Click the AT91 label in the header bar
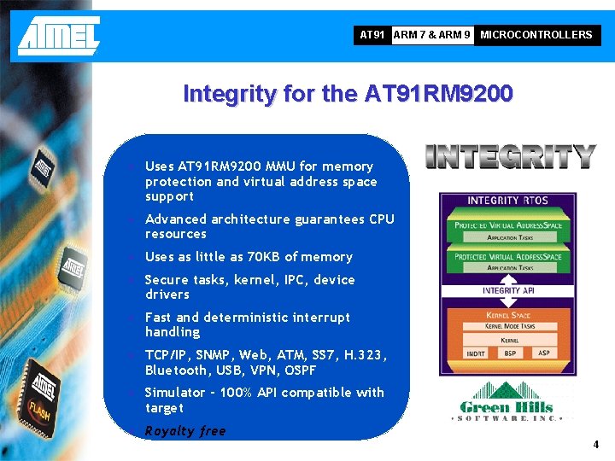pyautogui.click(x=372, y=35)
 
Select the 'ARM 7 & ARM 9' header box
pyautogui.click(x=431, y=35)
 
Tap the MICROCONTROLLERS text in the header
pyautogui.click(x=536, y=35)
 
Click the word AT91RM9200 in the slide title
pyautogui.click(x=438, y=93)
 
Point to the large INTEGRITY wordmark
pyautogui.click(x=510, y=156)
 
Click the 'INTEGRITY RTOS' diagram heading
pyautogui.click(x=506, y=201)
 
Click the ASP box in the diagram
pyautogui.click(x=544, y=353)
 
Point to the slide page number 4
pyautogui.click(x=596, y=445)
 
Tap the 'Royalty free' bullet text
pyautogui.click(x=185, y=431)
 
